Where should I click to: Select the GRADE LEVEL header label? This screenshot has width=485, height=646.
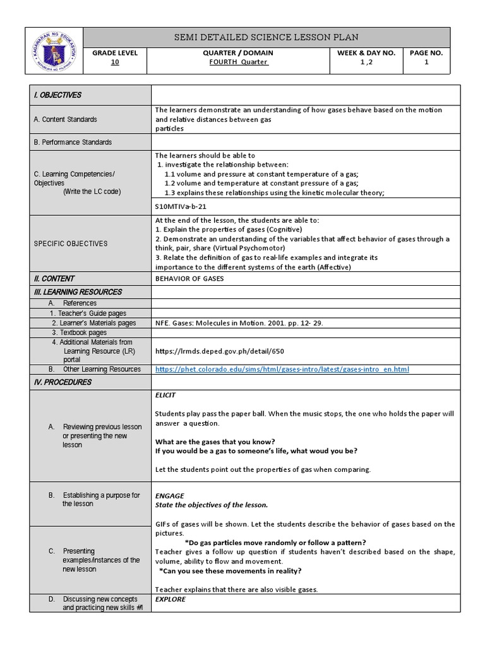point(114,53)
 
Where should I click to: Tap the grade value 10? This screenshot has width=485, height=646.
point(114,62)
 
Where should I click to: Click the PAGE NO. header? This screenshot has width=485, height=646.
point(426,53)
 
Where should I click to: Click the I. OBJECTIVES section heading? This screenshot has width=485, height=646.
point(57,95)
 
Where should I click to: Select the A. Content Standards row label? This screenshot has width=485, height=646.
point(66,119)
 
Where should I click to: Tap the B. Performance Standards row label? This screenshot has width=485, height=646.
point(73,143)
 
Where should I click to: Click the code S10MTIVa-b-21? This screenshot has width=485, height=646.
point(181,206)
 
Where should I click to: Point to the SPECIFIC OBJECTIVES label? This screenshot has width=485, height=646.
point(71,244)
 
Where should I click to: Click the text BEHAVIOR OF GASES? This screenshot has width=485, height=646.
point(189,279)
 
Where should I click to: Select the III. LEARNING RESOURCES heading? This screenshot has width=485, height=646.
point(78,292)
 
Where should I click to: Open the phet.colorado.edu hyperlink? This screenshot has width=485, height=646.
point(282,369)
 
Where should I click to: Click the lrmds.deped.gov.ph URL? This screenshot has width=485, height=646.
point(215,351)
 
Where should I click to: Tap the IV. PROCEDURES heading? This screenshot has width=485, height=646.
point(63,382)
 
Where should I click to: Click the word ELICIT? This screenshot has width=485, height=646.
point(165,396)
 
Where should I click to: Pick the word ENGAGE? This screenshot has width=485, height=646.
point(169,496)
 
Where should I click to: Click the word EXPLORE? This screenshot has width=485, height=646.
point(171,599)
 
